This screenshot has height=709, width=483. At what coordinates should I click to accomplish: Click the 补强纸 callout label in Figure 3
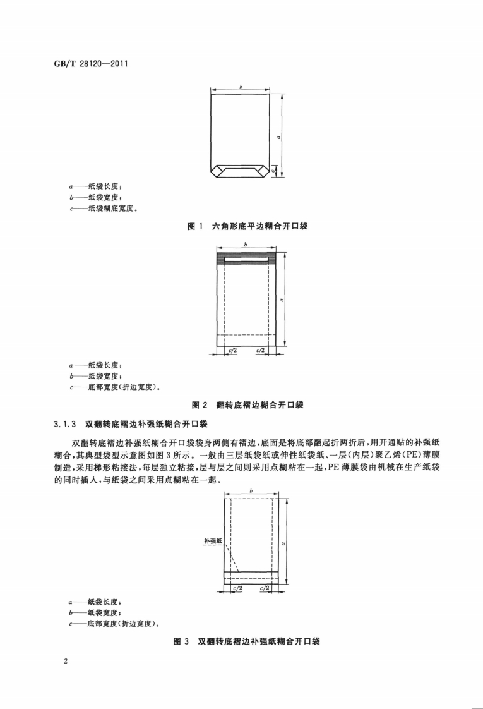pyautogui.click(x=212, y=541)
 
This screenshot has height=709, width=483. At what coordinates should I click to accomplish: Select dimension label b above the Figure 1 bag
pyautogui.click(x=241, y=87)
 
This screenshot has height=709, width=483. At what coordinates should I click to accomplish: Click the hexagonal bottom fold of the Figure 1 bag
pyautogui.click(x=241, y=170)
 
